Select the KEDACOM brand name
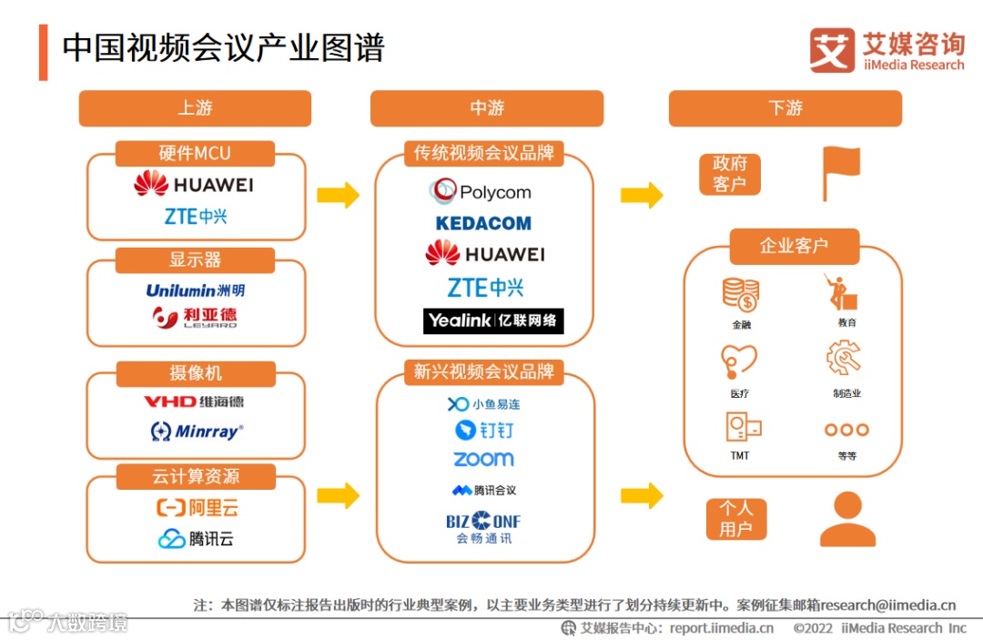pyautogui.click(x=483, y=223)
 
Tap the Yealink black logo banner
pyautogui.click(x=493, y=320)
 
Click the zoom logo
pyautogui.click(x=483, y=460)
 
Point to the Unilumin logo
pyautogui.click(x=195, y=290)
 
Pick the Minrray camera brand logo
pyautogui.click(x=197, y=431)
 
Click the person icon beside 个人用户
pyautogui.click(x=847, y=519)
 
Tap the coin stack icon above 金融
pyautogui.click(x=741, y=294)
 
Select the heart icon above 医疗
pyautogui.click(x=738, y=361)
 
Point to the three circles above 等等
pyautogui.click(x=846, y=430)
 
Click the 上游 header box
pyautogui.click(x=195, y=108)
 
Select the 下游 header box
pyautogui.click(x=785, y=108)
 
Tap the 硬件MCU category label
pyautogui.click(x=195, y=153)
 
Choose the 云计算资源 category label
pyautogui.click(x=195, y=476)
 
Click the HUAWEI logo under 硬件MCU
pyautogui.click(x=194, y=185)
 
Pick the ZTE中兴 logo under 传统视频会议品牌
pyautogui.click(x=485, y=288)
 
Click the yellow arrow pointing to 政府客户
pyautogui.click(x=642, y=195)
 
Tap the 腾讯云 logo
pyautogui.click(x=196, y=539)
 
